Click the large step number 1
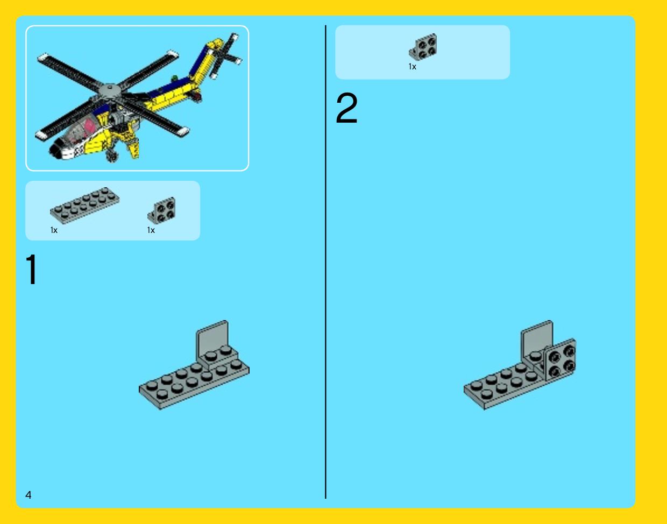pos(32,270)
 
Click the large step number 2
pos(347,108)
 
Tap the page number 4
pos(29,495)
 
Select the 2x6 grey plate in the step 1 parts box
pos(84,206)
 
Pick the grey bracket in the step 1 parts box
pos(162,210)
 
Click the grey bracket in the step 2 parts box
pos(423,47)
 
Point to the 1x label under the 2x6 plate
pos(54,230)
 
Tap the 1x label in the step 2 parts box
pos(412,67)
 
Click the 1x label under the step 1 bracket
pos(151,230)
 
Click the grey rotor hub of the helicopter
pos(110,90)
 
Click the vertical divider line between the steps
pos(325,262)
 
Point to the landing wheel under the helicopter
pos(112,155)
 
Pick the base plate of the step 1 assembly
pos(194,384)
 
